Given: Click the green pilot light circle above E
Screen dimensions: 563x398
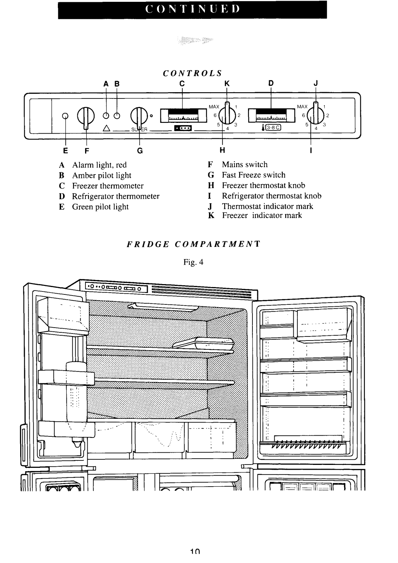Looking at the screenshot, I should coord(66,116).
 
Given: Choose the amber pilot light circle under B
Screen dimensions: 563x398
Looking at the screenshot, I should coord(117,116).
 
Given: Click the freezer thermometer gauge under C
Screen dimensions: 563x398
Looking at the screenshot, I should coord(184,115).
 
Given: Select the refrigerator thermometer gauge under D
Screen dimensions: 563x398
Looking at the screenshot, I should coord(272,115).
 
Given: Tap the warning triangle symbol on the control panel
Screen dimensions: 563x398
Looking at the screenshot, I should coord(107,129).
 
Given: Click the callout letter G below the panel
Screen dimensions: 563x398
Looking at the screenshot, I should coord(140,151).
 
